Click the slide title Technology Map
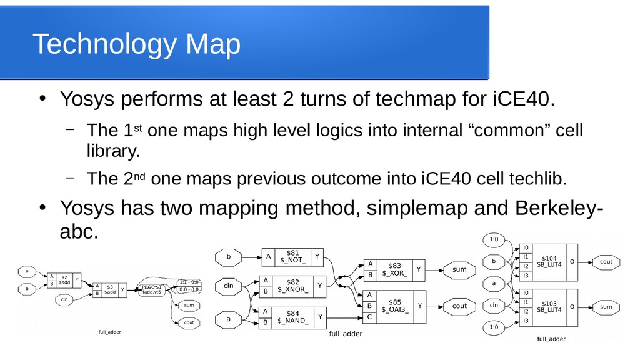(136, 45)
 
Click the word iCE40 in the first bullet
(522, 99)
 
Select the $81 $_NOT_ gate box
(292, 256)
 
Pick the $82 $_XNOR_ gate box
(292, 286)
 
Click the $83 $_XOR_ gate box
(394, 270)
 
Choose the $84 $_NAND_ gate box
(292, 317)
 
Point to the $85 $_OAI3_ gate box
(394, 306)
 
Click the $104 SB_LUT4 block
(549, 261)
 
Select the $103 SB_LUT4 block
(549, 307)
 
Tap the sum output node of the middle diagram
(459, 270)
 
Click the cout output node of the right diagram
(606, 262)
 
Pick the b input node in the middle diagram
(229, 256)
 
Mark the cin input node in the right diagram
(494, 306)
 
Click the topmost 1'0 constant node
(494, 239)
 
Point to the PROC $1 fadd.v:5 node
(151, 289)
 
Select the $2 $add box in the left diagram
(64, 281)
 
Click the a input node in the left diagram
(27, 272)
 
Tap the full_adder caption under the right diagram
(551, 339)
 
